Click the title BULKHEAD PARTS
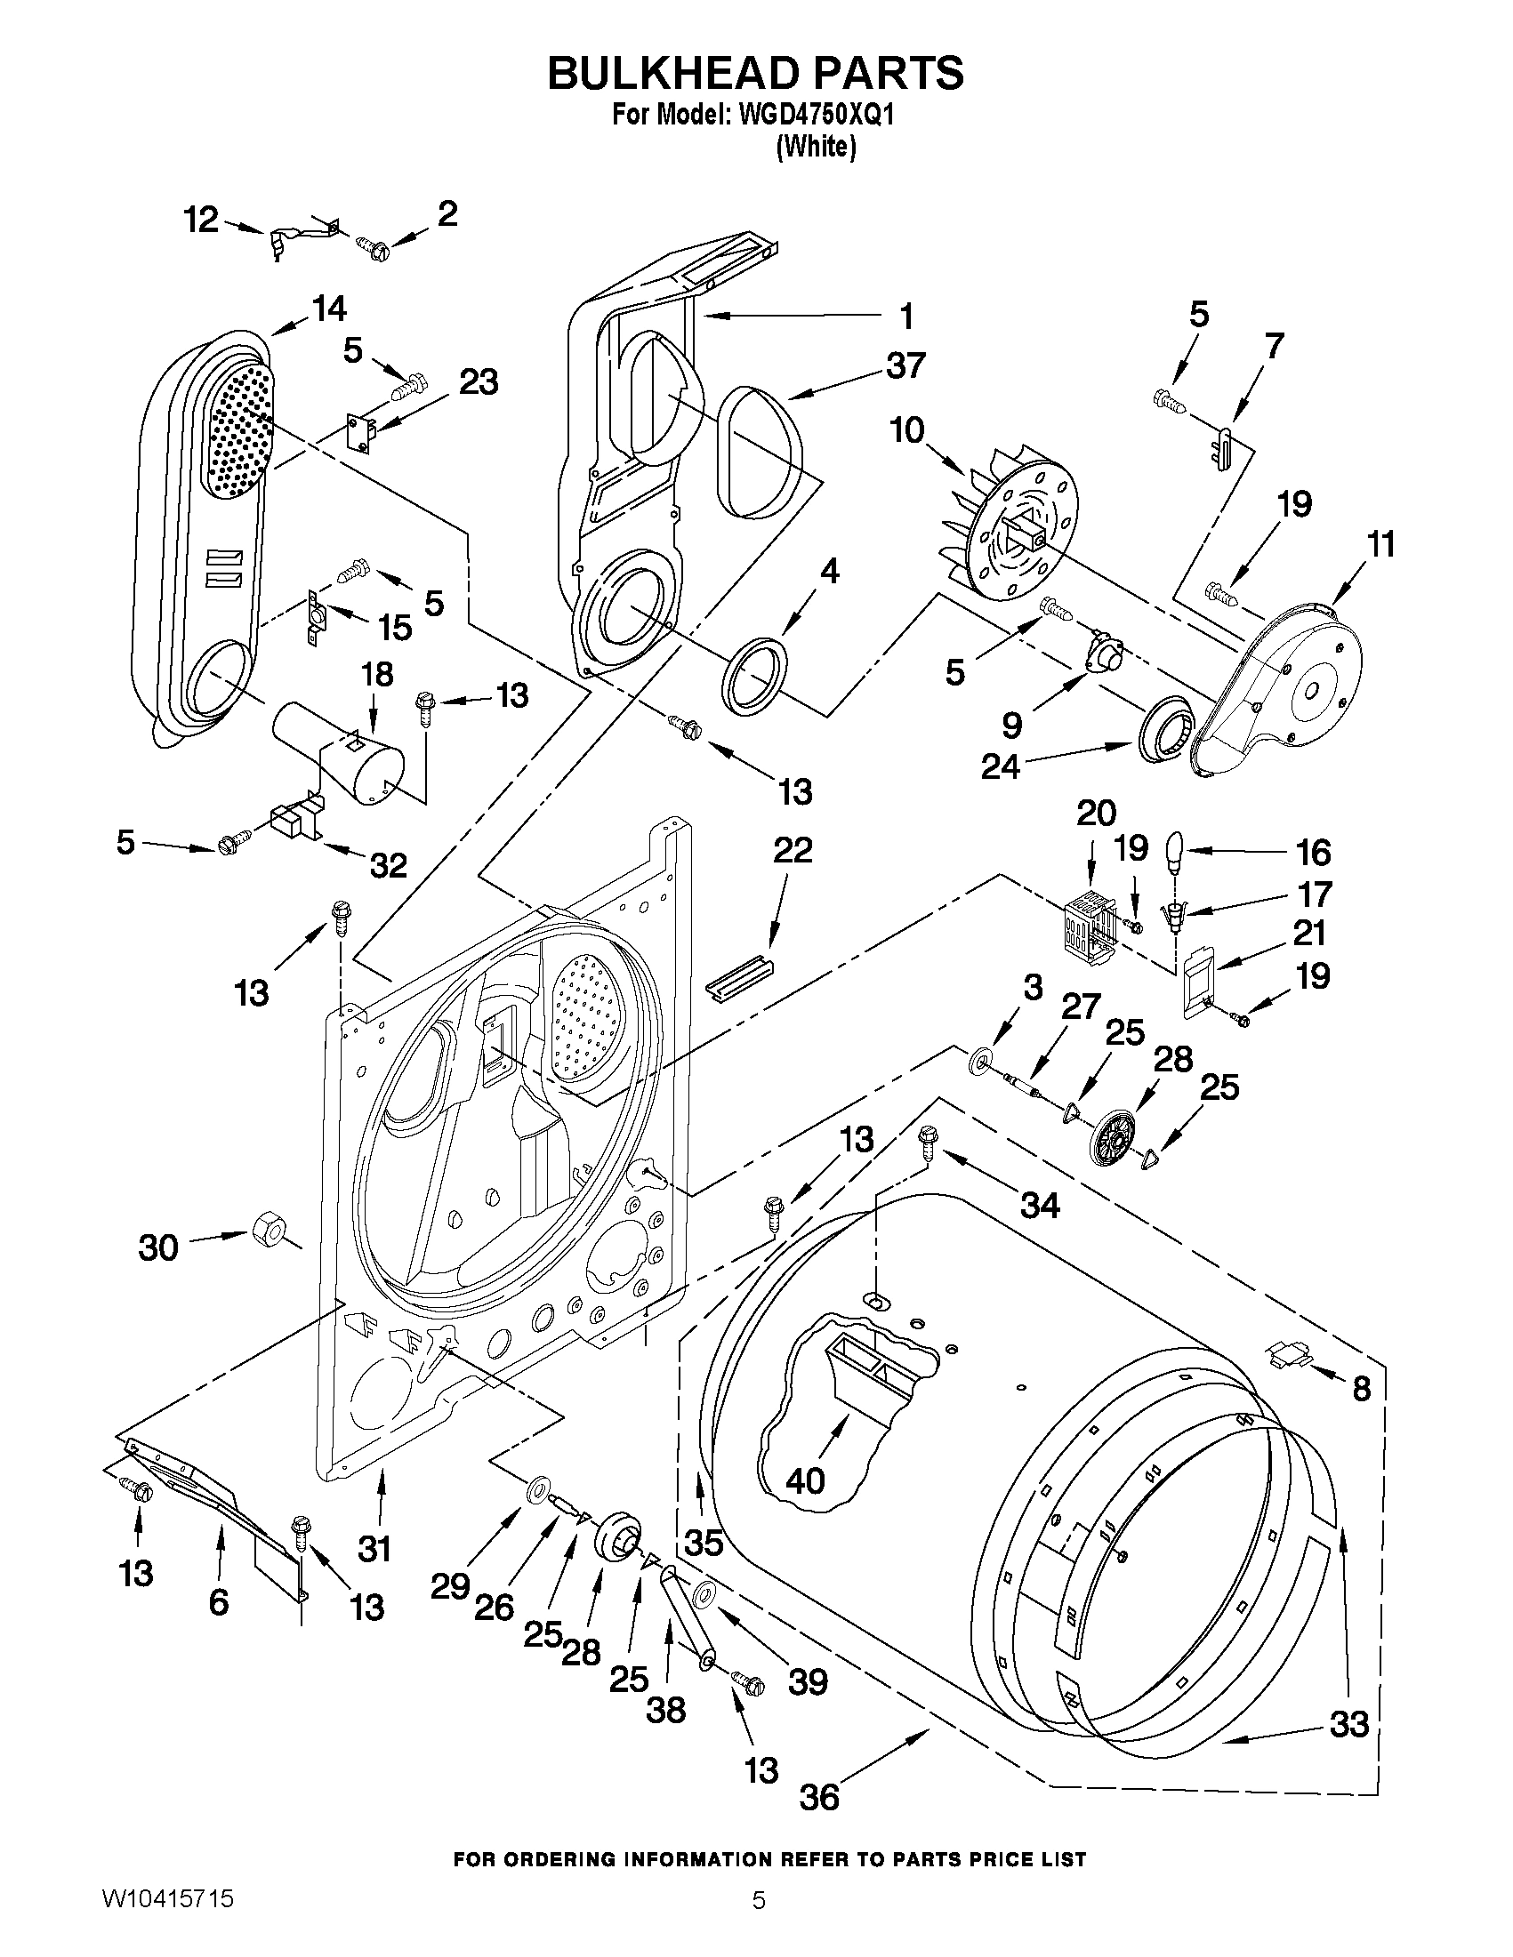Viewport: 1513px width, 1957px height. pyautogui.click(x=755, y=74)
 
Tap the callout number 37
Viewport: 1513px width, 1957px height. pyautogui.click(x=905, y=366)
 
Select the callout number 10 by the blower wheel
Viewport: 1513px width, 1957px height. pyautogui.click(x=906, y=431)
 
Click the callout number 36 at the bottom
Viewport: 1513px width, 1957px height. pyautogui.click(x=818, y=1797)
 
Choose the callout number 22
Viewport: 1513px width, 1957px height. pyautogui.click(x=793, y=849)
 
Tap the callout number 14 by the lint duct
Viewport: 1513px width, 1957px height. pyautogui.click(x=329, y=309)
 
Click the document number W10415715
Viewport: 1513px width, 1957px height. pyautogui.click(x=168, y=1919)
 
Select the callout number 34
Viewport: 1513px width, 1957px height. pyautogui.click(x=1040, y=1205)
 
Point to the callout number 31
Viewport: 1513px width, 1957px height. pyautogui.click(x=374, y=1548)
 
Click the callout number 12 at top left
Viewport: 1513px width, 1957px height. pyautogui.click(x=201, y=220)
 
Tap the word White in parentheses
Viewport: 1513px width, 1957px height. pyautogui.click(x=815, y=147)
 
